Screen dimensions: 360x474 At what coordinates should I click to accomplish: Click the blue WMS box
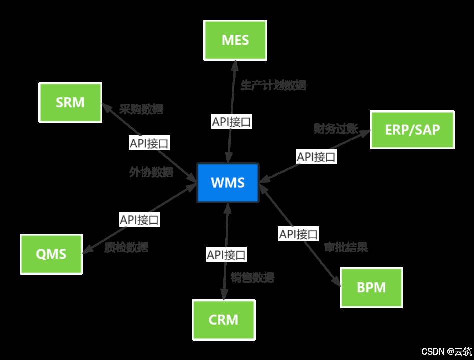228,182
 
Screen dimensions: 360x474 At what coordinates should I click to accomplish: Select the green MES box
235,40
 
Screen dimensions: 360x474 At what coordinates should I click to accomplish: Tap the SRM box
70,103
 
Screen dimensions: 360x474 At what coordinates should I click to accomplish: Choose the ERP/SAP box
412,130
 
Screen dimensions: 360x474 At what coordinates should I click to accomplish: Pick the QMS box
51,254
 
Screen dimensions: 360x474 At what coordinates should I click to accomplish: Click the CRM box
224,319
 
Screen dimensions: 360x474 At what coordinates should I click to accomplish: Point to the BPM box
371,287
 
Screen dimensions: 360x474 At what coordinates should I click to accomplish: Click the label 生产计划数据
273,85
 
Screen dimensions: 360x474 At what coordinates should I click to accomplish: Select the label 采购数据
141,109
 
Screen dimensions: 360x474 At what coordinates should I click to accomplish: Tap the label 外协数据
151,172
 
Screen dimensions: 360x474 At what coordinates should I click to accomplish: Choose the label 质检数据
126,247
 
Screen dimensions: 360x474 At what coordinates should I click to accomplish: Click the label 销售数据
253,278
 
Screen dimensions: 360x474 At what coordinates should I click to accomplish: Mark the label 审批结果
346,247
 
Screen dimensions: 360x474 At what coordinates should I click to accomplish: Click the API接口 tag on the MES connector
231,122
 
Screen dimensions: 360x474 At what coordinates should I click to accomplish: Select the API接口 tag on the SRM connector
149,144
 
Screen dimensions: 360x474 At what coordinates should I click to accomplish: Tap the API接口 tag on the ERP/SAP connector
316,157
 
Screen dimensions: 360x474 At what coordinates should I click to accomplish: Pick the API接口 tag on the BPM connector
298,234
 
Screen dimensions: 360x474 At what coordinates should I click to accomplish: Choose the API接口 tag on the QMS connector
139,219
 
